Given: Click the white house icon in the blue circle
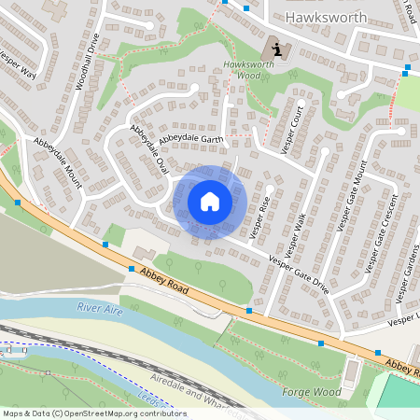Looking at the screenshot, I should [x=210, y=202].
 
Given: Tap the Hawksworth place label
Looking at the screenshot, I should [x=327, y=18].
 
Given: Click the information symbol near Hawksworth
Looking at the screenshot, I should [x=276, y=47].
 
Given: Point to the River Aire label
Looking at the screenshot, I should [x=100, y=306].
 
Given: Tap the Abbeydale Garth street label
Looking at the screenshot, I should [x=193, y=141].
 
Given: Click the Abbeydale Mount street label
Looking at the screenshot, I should [x=58, y=163].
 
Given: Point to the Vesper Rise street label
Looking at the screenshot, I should [x=256, y=217].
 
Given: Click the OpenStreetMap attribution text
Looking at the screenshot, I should [x=94, y=413].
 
